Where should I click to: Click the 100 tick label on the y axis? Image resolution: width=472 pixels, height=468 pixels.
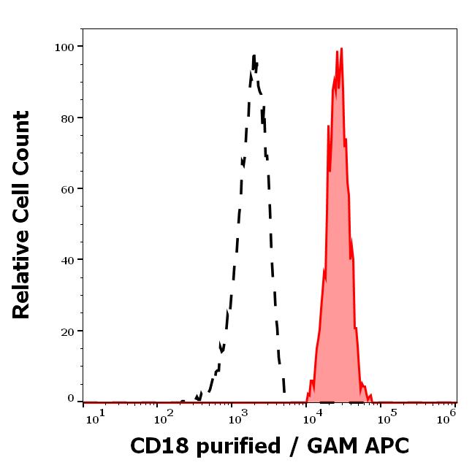(x=64, y=47)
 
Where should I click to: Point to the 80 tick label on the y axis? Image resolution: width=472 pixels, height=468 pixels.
(x=67, y=118)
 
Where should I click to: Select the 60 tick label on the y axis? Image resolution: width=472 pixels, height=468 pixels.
(x=67, y=188)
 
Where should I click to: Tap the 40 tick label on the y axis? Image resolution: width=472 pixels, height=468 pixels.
(x=67, y=259)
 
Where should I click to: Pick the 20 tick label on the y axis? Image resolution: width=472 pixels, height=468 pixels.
(x=67, y=331)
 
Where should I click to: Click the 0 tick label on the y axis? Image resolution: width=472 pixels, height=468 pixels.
(x=71, y=399)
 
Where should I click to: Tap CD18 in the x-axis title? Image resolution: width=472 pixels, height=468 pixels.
(x=155, y=446)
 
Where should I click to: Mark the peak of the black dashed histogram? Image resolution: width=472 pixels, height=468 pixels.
(x=254, y=55)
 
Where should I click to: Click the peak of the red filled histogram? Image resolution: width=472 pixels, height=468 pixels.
(x=341, y=49)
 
